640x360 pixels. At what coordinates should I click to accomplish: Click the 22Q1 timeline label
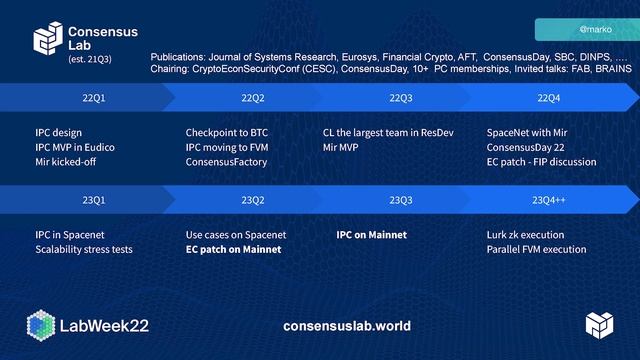[93, 98]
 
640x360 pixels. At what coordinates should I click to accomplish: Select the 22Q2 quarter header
[253, 98]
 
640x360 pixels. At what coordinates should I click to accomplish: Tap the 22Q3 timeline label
[400, 98]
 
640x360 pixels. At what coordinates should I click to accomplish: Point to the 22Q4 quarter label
[548, 98]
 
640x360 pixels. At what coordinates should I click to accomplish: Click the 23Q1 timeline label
[93, 200]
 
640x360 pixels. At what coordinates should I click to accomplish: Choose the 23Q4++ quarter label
[548, 200]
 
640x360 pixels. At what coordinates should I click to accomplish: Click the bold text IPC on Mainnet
[371, 235]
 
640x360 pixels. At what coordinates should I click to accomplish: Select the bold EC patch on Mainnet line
[233, 250]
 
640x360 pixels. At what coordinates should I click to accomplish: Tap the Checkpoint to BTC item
[227, 132]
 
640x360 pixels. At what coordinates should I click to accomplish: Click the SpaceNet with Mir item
[527, 132]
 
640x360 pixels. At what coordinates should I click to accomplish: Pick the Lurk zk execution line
[525, 235]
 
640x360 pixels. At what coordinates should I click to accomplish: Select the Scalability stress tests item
[83, 250]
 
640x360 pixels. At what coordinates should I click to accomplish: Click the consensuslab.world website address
[347, 326]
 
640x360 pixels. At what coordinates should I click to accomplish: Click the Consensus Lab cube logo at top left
[48, 40]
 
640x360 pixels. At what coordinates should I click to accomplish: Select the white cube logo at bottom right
[599, 325]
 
